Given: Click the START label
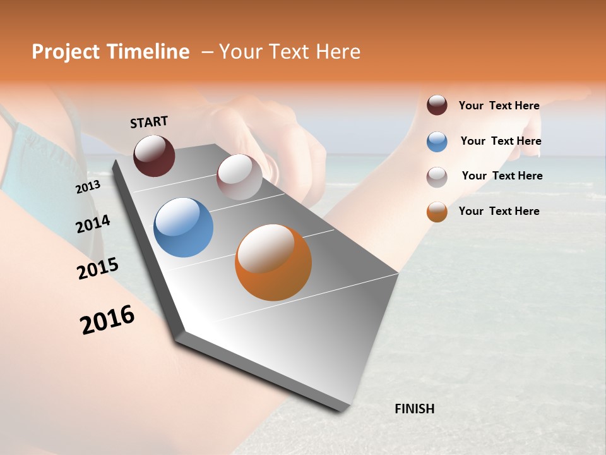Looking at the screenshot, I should click(x=149, y=122).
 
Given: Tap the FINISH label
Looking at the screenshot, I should click(x=414, y=409).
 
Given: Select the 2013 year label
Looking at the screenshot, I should click(x=88, y=187).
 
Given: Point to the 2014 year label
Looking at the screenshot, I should click(x=93, y=224).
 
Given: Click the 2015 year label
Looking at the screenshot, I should click(x=98, y=269).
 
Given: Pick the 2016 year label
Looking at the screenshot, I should click(x=107, y=320).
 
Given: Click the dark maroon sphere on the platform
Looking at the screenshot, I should click(x=154, y=155).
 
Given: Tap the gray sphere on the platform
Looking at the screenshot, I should click(x=239, y=177).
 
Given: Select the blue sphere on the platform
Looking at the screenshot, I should click(x=183, y=227).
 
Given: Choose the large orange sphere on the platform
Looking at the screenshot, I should click(x=273, y=262).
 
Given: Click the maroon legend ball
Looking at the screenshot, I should click(x=437, y=105).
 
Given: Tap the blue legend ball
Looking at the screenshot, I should click(x=437, y=142).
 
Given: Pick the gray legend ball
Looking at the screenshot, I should click(x=437, y=177).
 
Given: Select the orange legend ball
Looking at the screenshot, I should click(x=437, y=212).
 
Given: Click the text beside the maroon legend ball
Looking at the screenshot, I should click(x=499, y=106).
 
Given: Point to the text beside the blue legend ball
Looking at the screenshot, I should click(x=501, y=141).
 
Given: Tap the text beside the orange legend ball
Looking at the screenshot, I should click(x=499, y=211).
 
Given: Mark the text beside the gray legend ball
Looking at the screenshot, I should click(x=502, y=176).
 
